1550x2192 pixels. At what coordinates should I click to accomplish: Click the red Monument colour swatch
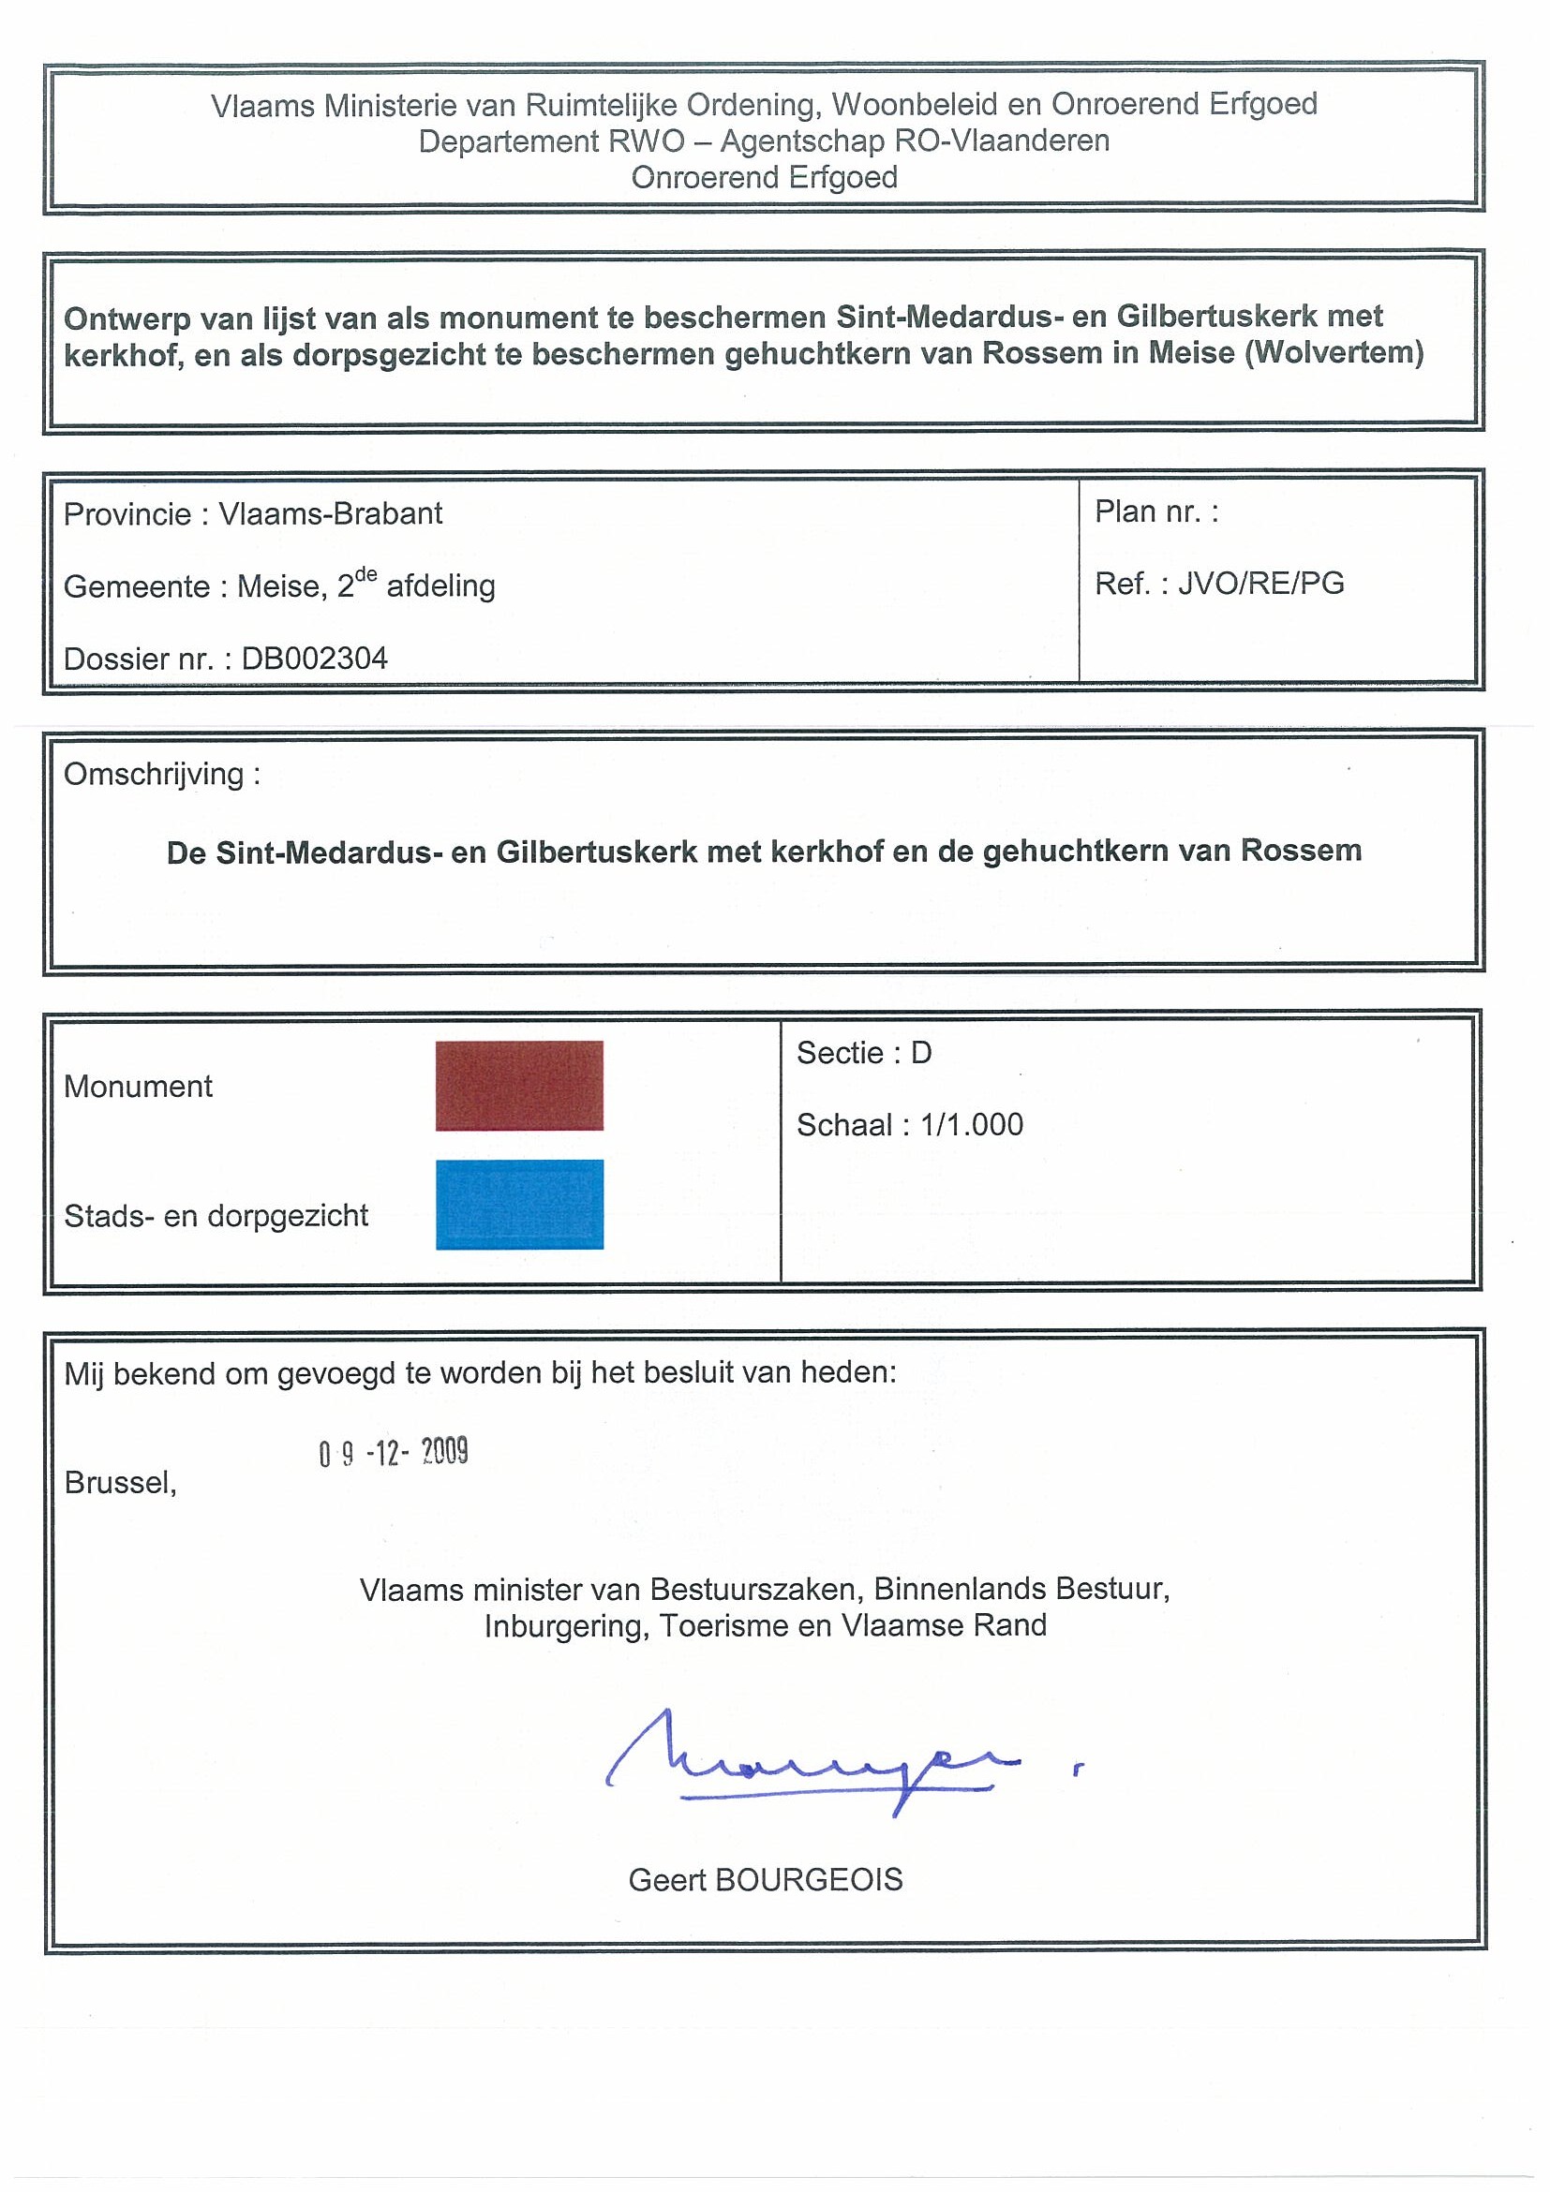click(518, 1086)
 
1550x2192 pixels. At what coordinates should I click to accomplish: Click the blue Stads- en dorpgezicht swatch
click(518, 1204)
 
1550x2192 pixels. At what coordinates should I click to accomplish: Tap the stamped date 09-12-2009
click(393, 1453)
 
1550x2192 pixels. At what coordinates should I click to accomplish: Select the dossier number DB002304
click(314, 659)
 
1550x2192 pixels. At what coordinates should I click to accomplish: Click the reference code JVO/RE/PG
click(1260, 584)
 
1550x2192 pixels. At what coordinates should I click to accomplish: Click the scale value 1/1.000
click(971, 1125)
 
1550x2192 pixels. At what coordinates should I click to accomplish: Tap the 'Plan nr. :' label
click(1155, 511)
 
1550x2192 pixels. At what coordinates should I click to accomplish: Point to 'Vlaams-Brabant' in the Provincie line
click(331, 513)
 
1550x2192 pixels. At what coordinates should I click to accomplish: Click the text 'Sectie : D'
click(863, 1052)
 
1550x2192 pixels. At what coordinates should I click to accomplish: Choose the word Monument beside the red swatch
click(139, 1087)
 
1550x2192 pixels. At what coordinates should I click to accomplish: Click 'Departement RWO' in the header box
click(551, 141)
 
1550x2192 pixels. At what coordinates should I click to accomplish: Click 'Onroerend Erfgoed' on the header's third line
click(764, 178)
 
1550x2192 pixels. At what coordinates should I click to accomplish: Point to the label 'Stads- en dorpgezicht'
click(216, 1215)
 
